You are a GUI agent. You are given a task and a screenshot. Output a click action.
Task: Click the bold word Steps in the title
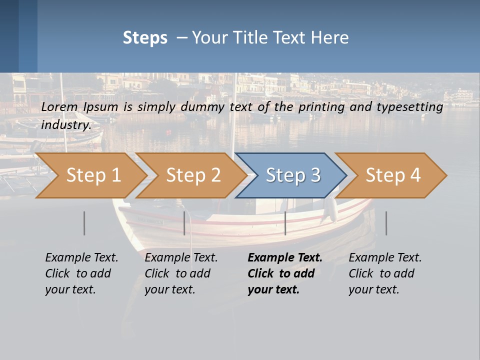click(145, 38)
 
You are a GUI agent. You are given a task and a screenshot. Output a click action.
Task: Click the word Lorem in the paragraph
click(59, 107)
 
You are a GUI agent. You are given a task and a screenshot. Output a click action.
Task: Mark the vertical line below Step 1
click(84, 223)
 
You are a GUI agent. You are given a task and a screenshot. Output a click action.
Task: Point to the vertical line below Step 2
click(184, 223)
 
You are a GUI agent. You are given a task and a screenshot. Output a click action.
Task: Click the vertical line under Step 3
click(285, 223)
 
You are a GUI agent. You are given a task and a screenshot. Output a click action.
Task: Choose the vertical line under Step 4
click(386, 223)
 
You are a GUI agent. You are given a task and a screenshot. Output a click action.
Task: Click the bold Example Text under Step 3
click(285, 258)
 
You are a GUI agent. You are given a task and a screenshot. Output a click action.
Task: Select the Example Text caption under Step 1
click(81, 258)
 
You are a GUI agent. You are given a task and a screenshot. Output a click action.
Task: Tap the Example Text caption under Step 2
click(181, 258)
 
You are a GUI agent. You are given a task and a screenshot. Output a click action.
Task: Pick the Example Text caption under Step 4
click(385, 258)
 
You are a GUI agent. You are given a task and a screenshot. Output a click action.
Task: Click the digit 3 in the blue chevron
click(315, 175)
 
